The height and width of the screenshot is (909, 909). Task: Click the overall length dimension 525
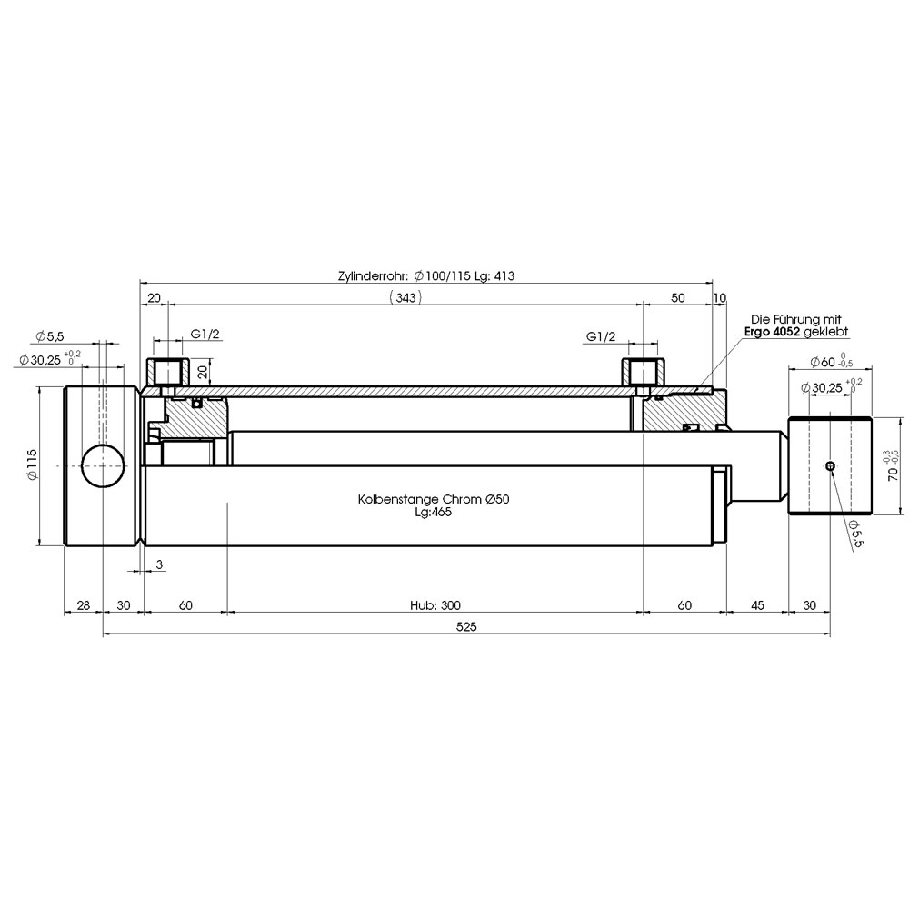[466, 626]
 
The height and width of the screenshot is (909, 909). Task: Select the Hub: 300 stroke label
[435, 605]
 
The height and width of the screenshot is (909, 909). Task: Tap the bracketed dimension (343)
[405, 297]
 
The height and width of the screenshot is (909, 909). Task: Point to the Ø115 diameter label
[32, 464]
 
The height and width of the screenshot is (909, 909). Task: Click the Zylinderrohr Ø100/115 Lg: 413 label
[426, 276]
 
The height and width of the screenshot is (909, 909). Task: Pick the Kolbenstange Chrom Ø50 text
[434, 499]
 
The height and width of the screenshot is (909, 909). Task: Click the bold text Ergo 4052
[772, 332]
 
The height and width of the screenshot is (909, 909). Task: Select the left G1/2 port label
[205, 335]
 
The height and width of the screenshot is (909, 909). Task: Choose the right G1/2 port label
[601, 337]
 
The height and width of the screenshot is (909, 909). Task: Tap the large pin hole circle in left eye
[103, 466]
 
